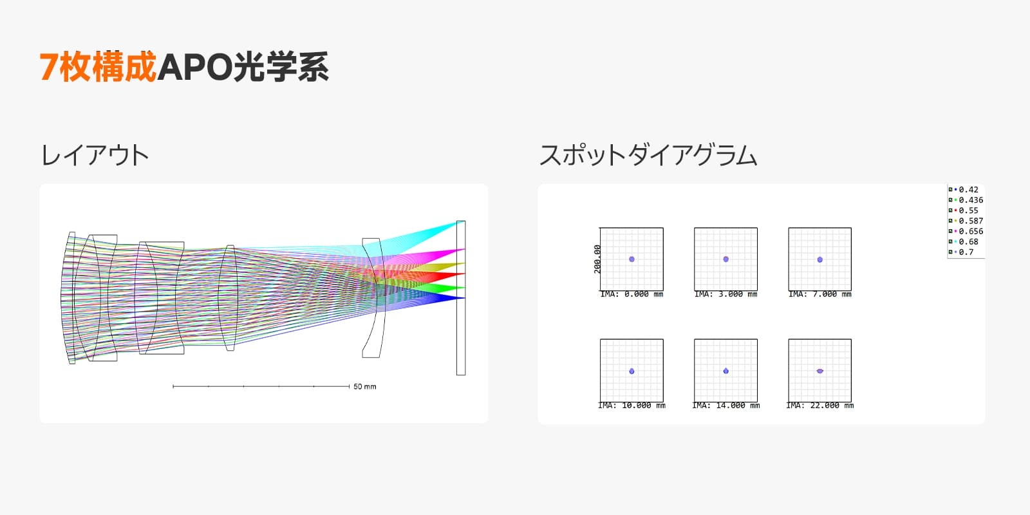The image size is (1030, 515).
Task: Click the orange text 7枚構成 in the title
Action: [x=98, y=67]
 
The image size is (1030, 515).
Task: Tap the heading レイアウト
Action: [x=95, y=155]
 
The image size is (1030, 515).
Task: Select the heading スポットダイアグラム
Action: [x=648, y=155]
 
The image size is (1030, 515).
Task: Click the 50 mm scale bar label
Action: [x=364, y=387]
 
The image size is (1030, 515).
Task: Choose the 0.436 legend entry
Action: [x=966, y=200]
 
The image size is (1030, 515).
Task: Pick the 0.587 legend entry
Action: [x=966, y=221]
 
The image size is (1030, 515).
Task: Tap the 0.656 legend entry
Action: [x=966, y=231]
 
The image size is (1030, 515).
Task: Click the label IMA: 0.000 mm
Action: [x=632, y=294]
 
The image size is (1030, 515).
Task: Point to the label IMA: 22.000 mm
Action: [x=820, y=406]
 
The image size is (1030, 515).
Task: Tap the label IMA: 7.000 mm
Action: [x=820, y=294]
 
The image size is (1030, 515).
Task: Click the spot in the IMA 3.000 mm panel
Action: [x=726, y=259]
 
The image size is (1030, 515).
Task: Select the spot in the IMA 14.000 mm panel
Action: [x=726, y=371]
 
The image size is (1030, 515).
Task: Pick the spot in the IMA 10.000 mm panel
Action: [x=632, y=371]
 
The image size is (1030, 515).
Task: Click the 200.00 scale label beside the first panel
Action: [x=597, y=259]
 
